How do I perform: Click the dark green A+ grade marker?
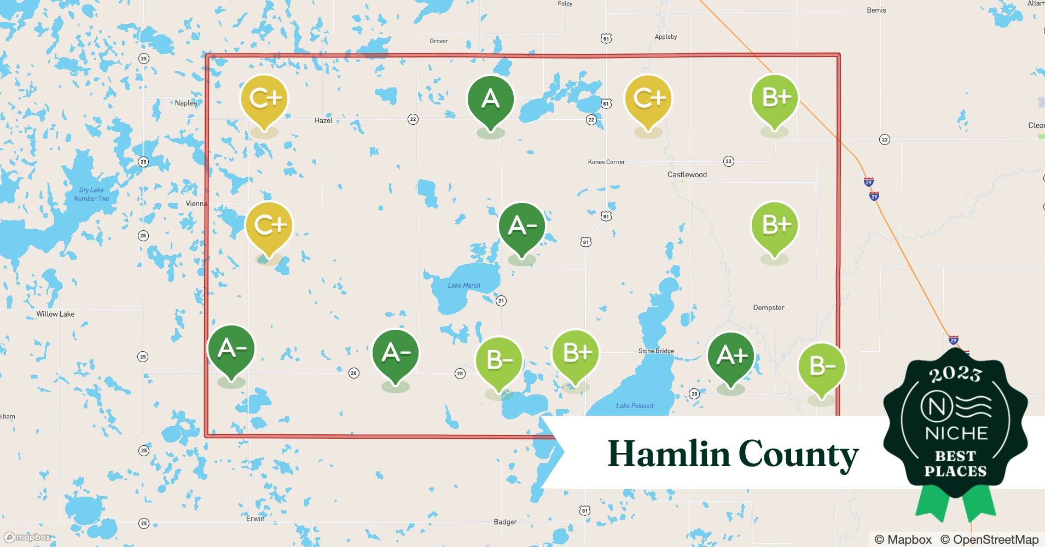coord(731,356)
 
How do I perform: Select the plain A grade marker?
coord(490,99)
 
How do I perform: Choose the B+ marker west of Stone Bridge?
coord(576,353)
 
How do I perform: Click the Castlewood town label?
coord(687,174)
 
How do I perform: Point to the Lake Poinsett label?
coord(635,405)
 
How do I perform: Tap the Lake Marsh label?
coord(464,285)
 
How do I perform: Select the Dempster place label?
coord(768,307)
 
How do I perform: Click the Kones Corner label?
coord(606,162)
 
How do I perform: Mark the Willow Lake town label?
coord(55,314)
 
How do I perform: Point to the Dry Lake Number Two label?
coord(91,194)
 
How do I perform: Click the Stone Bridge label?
coord(656,351)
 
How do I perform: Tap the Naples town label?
coord(185,103)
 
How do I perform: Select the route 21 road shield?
coord(501,300)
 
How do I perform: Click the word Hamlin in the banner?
coord(669,454)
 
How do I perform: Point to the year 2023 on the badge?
coord(955,374)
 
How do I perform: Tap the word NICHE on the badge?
coord(956,434)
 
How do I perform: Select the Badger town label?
coord(505,522)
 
